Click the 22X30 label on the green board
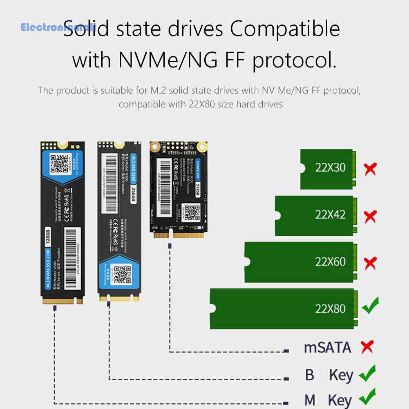(x=330, y=168)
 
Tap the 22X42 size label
(x=330, y=215)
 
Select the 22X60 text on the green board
(x=330, y=261)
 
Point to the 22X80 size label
(x=330, y=308)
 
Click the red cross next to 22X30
(x=370, y=168)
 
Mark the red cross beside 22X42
(x=370, y=216)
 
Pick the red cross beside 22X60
(x=370, y=263)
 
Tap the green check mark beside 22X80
(x=370, y=306)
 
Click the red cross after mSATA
(x=367, y=347)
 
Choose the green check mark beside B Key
(x=367, y=374)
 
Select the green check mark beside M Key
(x=367, y=398)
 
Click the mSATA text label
(x=327, y=348)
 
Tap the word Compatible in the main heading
(x=285, y=30)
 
